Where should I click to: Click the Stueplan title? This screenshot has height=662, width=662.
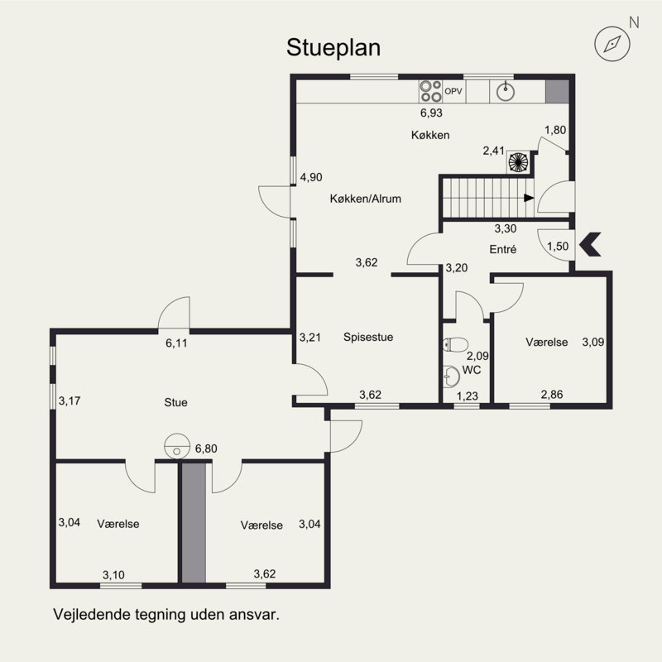(333, 48)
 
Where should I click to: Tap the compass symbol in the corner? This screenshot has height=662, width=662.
(612, 44)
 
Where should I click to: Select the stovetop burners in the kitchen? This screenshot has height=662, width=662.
(430, 91)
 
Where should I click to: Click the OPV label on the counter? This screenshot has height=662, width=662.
(453, 91)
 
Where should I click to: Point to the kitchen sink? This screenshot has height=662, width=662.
(506, 92)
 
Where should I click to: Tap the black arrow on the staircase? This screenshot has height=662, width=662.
(529, 198)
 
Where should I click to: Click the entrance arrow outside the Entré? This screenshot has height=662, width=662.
(590, 244)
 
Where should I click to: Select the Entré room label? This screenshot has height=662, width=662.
(503, 249)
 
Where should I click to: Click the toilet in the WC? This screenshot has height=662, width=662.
(456, 344)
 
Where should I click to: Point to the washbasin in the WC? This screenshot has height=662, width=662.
(451, 377)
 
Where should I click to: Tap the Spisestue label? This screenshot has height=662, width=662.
(368, 337)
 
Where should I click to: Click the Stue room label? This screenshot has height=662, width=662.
(175, 402)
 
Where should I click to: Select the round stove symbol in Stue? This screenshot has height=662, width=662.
(177, 446)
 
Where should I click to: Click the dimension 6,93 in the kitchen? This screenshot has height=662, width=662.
(431, 113)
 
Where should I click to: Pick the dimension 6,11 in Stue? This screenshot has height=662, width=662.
(176, 343)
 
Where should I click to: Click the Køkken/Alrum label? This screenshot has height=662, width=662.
(366, 199)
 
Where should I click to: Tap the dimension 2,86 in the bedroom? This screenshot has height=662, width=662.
(552, 395)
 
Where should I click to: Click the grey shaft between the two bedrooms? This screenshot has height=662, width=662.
(194, 523)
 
